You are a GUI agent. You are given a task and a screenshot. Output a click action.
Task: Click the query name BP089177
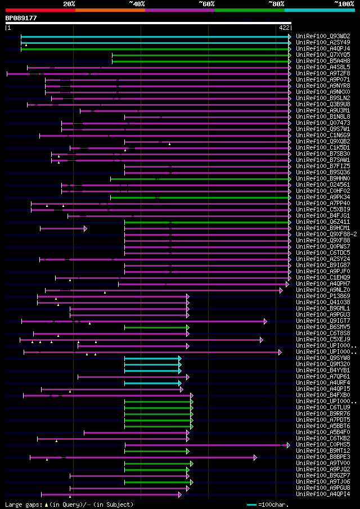tap(21, 18)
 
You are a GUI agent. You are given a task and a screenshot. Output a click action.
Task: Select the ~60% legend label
tap(206, 3)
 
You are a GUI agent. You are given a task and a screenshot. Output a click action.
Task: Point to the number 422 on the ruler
tap(284, 27)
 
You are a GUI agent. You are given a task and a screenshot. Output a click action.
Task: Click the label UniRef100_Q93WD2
tap(323, 36)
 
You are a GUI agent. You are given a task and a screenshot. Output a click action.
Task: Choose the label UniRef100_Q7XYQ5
tap(323, 55)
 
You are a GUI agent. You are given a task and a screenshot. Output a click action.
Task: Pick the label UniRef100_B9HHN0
tap(323, 179)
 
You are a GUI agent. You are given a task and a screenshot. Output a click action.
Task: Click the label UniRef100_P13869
tap(323, 296)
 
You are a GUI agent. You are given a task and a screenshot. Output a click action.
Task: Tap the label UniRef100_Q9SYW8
tap(323, 358)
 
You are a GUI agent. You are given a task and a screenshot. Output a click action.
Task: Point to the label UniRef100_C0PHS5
tap(323, 445)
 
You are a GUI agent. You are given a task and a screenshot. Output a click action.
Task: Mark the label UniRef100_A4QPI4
tap(323, 494)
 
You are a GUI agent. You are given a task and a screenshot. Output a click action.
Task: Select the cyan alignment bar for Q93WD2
tap(155, 37)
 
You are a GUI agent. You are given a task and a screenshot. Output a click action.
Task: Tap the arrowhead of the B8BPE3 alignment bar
tap(255, 457)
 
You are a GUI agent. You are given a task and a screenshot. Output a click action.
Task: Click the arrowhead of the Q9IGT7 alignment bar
tap(265, 321)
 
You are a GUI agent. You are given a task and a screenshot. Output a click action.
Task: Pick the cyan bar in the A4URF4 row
tap(152, 383)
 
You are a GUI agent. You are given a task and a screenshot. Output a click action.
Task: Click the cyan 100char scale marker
tap(251, 505)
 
